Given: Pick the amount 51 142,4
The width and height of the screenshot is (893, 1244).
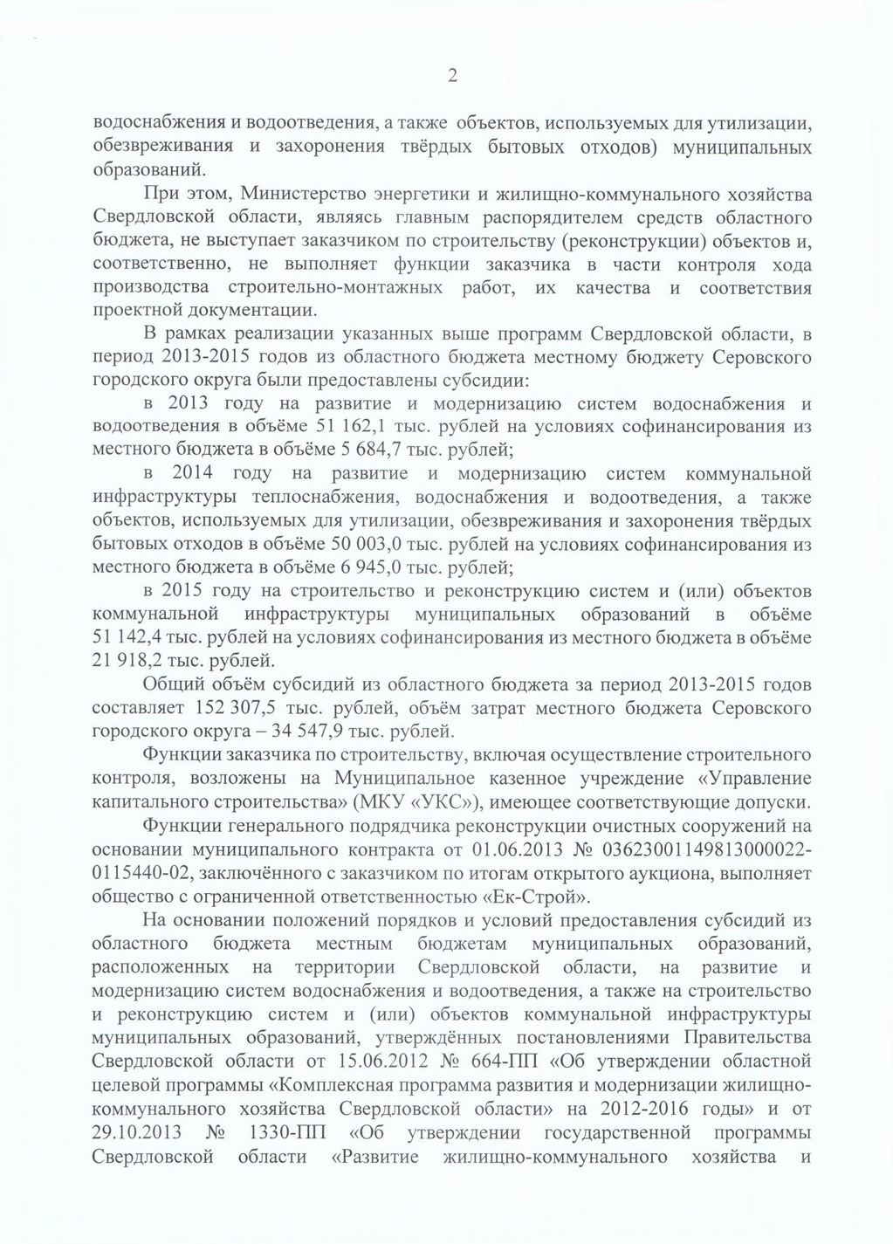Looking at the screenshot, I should (x=131, y=637).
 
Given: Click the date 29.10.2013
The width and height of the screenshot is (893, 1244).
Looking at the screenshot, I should (x=139, y=1133).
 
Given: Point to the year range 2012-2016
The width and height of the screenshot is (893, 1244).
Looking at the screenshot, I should (x=624, y=1109).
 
